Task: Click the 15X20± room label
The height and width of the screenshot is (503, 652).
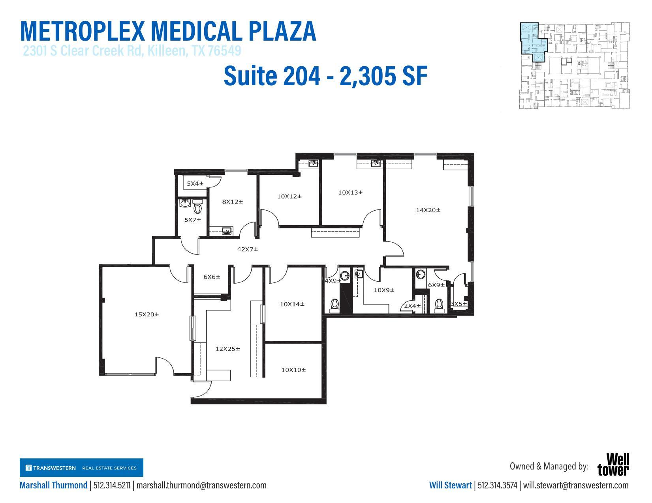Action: (x=147, y=314)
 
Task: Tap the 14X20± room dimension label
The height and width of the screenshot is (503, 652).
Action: (x=428, y=210)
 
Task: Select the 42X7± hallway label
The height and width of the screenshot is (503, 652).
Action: (x=248, y=249)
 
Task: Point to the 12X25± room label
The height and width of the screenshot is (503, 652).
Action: (x=227, y=349)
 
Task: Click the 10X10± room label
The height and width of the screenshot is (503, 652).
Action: (x=293, y=370)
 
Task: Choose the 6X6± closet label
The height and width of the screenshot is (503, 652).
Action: (x=212, y=277)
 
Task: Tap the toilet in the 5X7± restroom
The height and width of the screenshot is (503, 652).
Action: (x=198, y=207)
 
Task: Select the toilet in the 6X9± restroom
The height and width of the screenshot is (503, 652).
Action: (x=438, y=305)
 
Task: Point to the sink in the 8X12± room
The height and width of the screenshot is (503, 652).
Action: (x=227, y=230)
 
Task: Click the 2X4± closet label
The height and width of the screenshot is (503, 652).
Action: (x=412, y=306)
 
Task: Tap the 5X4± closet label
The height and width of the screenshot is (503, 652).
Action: (x=195, y=183)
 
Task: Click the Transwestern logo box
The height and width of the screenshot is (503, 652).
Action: (x=81, y=468)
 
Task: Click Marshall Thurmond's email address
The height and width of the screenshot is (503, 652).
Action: (x=201, y=485)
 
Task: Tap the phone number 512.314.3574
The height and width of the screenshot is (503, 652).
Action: (x=497, y=485)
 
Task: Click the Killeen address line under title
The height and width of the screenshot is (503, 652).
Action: (x=132, y=51)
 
